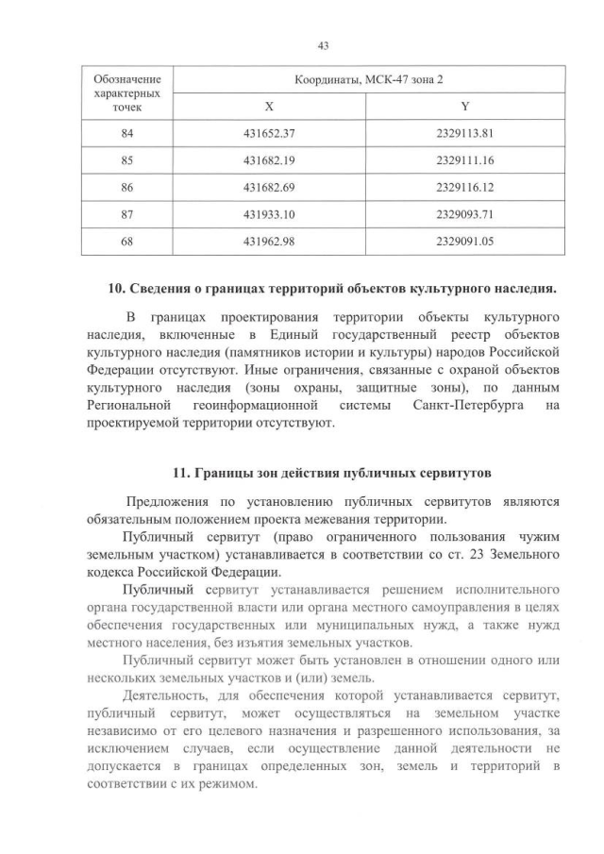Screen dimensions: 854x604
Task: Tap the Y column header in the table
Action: coord(465,108)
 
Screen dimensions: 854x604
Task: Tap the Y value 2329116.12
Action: coord(465,188)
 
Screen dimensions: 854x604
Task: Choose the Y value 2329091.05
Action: coord(465,241)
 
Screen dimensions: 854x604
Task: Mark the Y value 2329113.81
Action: coord(465,134)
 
